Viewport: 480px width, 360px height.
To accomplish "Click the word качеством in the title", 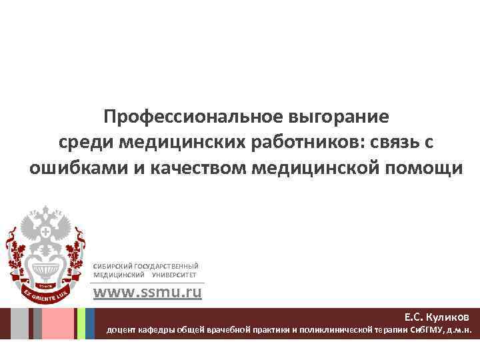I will pos(194,168).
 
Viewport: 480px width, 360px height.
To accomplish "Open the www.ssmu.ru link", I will pos(147,292).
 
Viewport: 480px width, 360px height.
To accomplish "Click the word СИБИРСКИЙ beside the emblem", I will pos(113,266).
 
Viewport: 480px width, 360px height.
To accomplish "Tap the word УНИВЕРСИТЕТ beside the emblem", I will pos(175,274).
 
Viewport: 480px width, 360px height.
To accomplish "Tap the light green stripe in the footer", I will pos(81,323).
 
